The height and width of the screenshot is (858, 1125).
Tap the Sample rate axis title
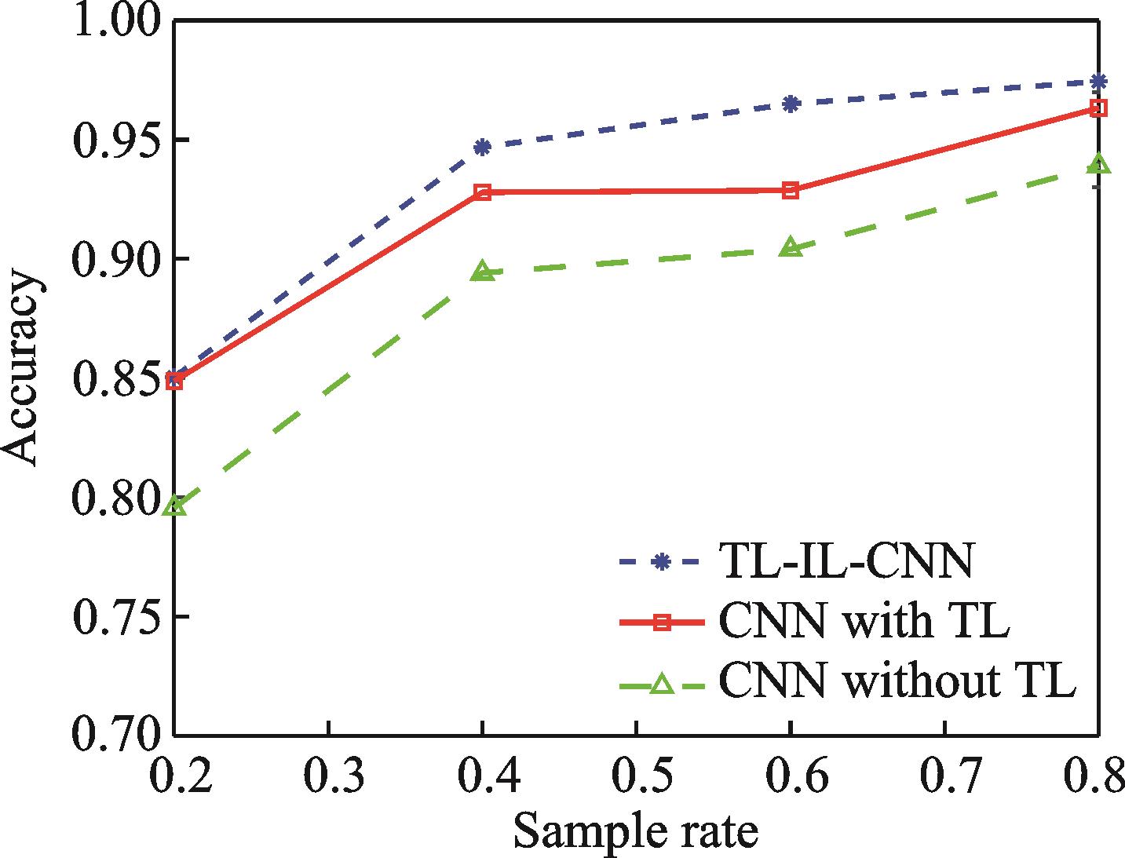click(636, 831)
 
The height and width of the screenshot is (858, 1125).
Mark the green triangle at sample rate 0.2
click(176, 506)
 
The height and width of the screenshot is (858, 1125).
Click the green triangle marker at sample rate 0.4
click(483, 272)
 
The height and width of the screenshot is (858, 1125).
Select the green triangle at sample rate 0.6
click(791, 247)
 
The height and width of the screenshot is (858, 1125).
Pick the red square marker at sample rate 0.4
click(483, 192)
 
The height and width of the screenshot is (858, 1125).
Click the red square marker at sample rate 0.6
click(791, 190)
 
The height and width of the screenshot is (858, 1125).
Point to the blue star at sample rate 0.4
click(483, 147)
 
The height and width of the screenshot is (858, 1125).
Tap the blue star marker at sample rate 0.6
click(791, 103)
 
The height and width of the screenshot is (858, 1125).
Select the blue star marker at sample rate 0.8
click(1099, 81)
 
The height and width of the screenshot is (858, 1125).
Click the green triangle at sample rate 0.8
click(1099, 164)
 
